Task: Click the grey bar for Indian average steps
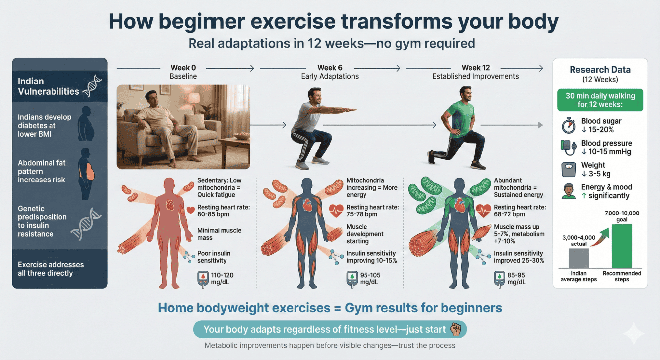[578, 258]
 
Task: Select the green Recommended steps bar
[622, 246]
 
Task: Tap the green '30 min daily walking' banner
[600, 100]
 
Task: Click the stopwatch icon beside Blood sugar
[569, 126]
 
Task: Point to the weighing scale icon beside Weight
[569, 170]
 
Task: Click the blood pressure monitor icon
[569, 147]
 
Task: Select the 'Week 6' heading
[330, 68]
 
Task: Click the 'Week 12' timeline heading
[475, 68]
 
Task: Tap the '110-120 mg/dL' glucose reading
[222, 278]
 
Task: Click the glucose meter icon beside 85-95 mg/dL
[499, 279]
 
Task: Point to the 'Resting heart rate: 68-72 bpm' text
[520, 211]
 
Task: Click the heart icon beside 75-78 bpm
[336, 211]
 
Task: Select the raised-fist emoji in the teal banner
[456, 329]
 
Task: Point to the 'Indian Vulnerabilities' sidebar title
[48, 86]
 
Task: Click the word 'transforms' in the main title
[397, 21]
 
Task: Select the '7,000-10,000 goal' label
[622, 216]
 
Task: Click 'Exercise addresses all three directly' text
[51, 269]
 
